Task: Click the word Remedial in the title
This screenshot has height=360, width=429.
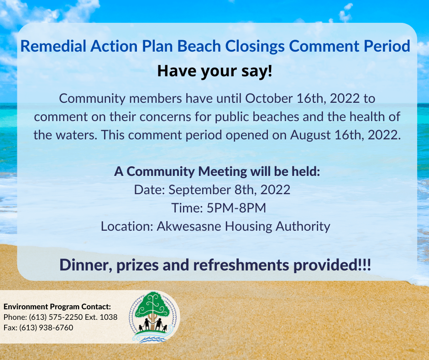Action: pos(53,46)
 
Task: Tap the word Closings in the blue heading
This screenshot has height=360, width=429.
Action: pos(255,46)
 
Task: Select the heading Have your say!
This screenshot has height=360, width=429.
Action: pos(215,71)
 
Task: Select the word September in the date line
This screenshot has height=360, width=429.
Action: pos(199,190)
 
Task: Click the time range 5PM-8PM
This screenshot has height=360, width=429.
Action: pos(236,208)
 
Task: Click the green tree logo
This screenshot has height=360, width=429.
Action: pos(153,317)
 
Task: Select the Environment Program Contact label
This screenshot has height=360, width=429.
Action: pos(57,307)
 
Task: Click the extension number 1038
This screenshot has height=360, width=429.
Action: pos(108,317)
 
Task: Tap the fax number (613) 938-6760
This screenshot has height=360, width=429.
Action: pos(46,328)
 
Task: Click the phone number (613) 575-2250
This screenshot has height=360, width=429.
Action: pos(56,317)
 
